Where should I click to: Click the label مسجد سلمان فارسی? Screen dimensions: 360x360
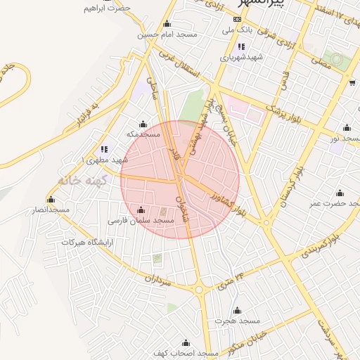[x=141, y=221]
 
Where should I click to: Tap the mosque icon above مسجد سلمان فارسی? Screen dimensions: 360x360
[x=141, y=210]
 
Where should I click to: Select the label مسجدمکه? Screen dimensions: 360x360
[x=143, y=134]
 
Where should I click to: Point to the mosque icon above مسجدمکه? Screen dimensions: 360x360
[x=143, y=124]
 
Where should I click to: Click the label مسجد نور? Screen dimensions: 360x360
[x=344, y=139]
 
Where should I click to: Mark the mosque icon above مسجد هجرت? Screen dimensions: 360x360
[x=237, y=310]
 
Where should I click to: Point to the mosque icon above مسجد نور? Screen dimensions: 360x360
[x=346, y=128]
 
